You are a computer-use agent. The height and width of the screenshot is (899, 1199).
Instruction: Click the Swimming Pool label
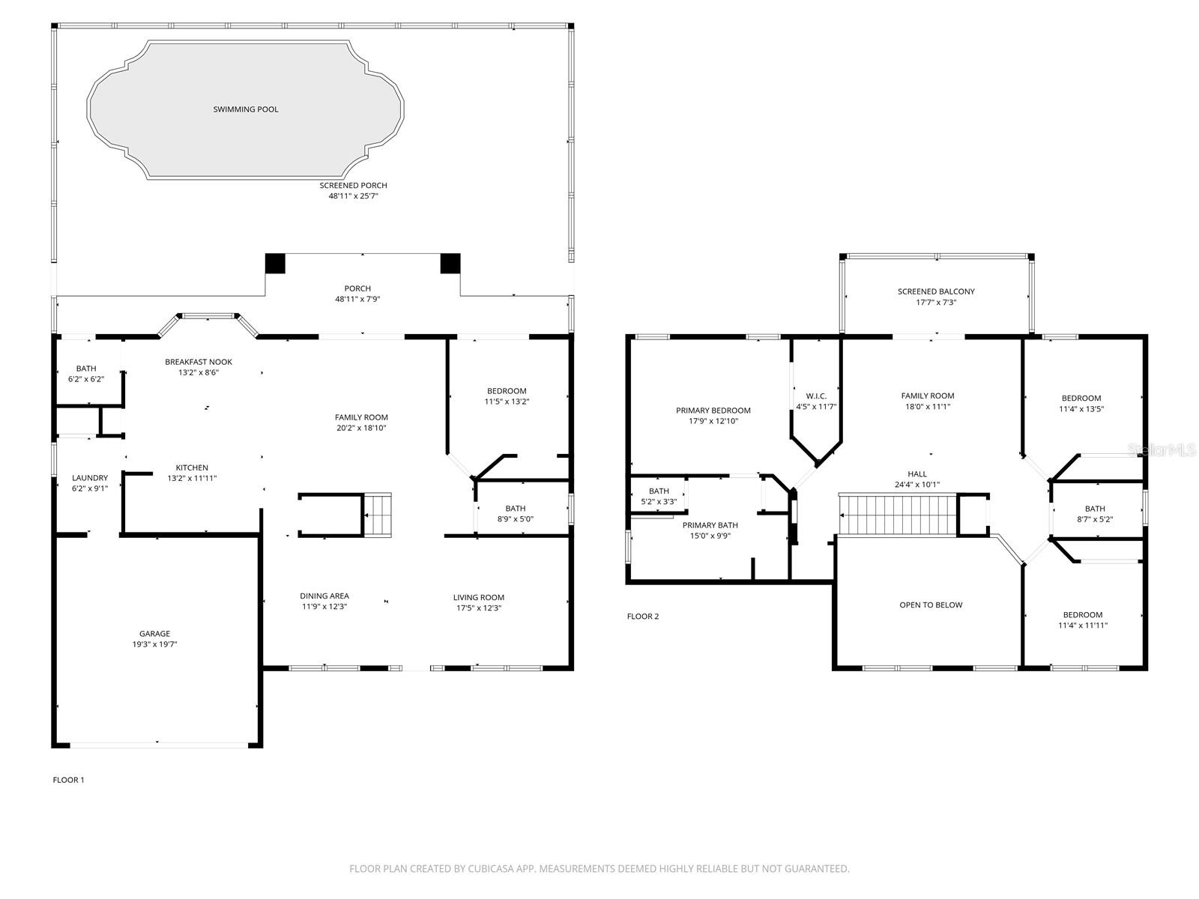coord(245,109)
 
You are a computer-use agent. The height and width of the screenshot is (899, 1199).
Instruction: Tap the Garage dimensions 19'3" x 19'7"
coord(154,644)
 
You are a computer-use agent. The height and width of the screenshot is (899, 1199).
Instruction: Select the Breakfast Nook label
coord(199,362)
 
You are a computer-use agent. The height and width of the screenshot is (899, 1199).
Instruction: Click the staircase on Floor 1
coord(378,515)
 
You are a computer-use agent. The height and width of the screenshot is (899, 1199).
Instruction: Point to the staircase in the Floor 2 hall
coord(898,515)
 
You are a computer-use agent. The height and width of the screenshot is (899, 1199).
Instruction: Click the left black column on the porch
coord(276,264)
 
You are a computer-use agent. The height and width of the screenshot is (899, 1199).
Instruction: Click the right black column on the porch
coord(450,264)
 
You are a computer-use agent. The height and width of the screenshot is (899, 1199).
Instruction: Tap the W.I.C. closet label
coord(816,396)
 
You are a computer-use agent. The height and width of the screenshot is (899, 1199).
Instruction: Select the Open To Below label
coord(931,605)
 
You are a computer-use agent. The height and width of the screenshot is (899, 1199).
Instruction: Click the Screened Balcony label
coord(936,291)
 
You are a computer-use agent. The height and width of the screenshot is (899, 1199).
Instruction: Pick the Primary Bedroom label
coord(713,411)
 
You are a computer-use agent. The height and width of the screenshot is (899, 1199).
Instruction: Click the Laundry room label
coord(90,478)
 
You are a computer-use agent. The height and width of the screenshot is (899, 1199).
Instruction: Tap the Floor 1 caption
coord(68,780)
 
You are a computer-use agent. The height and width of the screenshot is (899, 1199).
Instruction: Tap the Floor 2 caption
coord(642,617)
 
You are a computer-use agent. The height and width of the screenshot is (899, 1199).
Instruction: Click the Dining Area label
coord(324,596)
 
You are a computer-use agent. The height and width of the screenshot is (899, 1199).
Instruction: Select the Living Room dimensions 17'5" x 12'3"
coord(478,608)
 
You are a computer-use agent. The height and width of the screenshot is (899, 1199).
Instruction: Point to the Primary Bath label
coord(710,525)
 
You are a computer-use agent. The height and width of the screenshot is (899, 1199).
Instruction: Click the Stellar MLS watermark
coord(1162,449)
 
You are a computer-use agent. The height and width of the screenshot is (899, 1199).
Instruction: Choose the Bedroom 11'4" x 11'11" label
coord(1083,614)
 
